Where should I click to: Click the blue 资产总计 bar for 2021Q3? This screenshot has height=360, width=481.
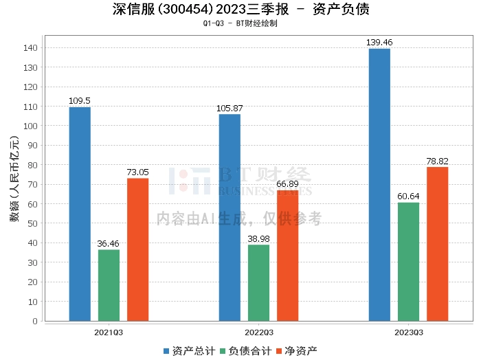point(80,214)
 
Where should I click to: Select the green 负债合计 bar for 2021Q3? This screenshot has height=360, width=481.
point(109,285)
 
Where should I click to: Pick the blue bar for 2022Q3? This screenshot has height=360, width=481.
point(230,217)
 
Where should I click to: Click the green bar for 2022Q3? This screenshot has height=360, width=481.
point(258,282)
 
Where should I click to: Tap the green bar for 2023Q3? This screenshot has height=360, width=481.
point(408,262)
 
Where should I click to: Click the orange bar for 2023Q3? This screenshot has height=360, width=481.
point(437,244)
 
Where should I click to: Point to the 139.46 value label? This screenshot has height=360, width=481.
point(379,43)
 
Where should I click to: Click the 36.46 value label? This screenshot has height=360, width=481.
point(109,244)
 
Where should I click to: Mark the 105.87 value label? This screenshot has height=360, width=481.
point(230,109)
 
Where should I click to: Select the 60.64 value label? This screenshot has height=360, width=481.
point(408,196)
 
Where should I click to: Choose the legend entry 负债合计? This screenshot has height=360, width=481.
point(245,350)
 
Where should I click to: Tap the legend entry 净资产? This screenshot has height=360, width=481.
point(297,350)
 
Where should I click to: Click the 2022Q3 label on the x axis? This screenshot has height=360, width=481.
point(258,332)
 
